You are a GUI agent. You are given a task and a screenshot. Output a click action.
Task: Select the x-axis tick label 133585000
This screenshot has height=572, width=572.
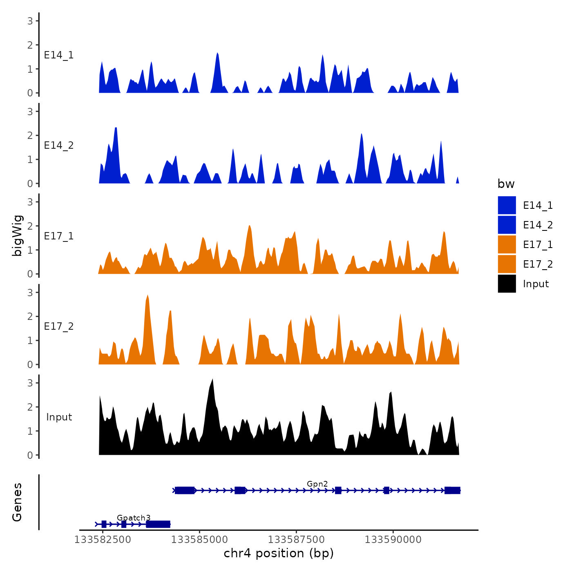(199, 540)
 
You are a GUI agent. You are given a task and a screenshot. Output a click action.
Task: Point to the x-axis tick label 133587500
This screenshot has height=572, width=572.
(296, 540)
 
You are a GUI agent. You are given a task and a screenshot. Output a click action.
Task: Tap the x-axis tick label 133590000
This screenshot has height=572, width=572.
(393, 540)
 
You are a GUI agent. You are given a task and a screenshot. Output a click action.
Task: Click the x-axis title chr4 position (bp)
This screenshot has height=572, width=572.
(279, 554)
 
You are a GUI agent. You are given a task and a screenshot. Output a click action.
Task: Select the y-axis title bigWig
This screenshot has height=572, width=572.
(18, 236)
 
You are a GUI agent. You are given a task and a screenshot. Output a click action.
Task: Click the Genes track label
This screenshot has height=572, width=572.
(17, 502)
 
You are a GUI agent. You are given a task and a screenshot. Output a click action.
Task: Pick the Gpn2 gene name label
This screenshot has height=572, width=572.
(317, 484)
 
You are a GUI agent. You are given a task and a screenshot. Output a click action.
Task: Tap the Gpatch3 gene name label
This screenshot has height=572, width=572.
(134, 518)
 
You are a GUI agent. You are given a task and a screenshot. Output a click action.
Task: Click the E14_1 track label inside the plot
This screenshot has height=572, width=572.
(59, 55)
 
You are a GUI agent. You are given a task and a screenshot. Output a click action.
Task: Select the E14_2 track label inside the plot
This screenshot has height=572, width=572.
(59, 145)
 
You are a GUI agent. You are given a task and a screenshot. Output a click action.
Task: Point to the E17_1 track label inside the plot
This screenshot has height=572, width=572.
(59, 236)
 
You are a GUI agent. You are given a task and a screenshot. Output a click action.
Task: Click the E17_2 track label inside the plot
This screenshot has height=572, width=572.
(59, 326)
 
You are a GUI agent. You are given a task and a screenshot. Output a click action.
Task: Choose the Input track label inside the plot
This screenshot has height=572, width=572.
(59, 417)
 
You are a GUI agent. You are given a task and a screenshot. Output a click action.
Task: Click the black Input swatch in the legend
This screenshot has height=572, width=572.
(507, 284)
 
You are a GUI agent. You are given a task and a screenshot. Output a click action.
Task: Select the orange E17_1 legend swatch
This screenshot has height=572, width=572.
(507, 244)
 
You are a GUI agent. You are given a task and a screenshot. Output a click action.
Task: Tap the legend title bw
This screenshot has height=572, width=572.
(506, 184)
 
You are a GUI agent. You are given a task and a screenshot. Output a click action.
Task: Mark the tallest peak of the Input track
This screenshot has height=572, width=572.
(213, 380)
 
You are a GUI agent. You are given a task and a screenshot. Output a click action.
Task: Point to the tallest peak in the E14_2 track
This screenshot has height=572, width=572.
(116, 128)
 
